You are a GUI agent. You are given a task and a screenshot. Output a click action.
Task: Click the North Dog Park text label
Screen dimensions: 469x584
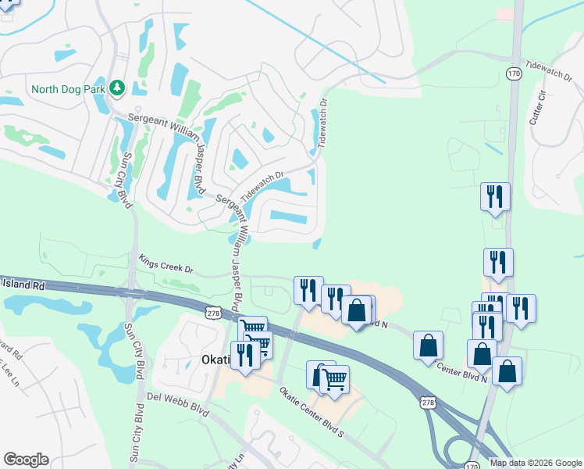tap(68, 88)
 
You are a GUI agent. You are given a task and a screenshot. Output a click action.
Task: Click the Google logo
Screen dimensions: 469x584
tap(26, 459)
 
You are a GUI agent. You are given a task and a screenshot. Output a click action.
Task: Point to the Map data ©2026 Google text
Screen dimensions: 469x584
tap(536, 463)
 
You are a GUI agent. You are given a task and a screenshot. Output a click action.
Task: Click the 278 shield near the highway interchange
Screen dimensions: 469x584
tap(427, 402)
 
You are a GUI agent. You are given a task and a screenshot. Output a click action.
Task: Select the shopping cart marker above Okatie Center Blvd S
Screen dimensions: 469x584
tap(334, 379)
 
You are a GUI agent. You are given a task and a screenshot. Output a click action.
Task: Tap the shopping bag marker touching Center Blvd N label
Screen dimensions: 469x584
tap(428, 345)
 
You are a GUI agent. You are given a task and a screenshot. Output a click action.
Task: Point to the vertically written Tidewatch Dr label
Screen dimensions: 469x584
tap(322, 124)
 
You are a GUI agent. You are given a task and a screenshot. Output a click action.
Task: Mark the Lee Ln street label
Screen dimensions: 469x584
tap(9, 366)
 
